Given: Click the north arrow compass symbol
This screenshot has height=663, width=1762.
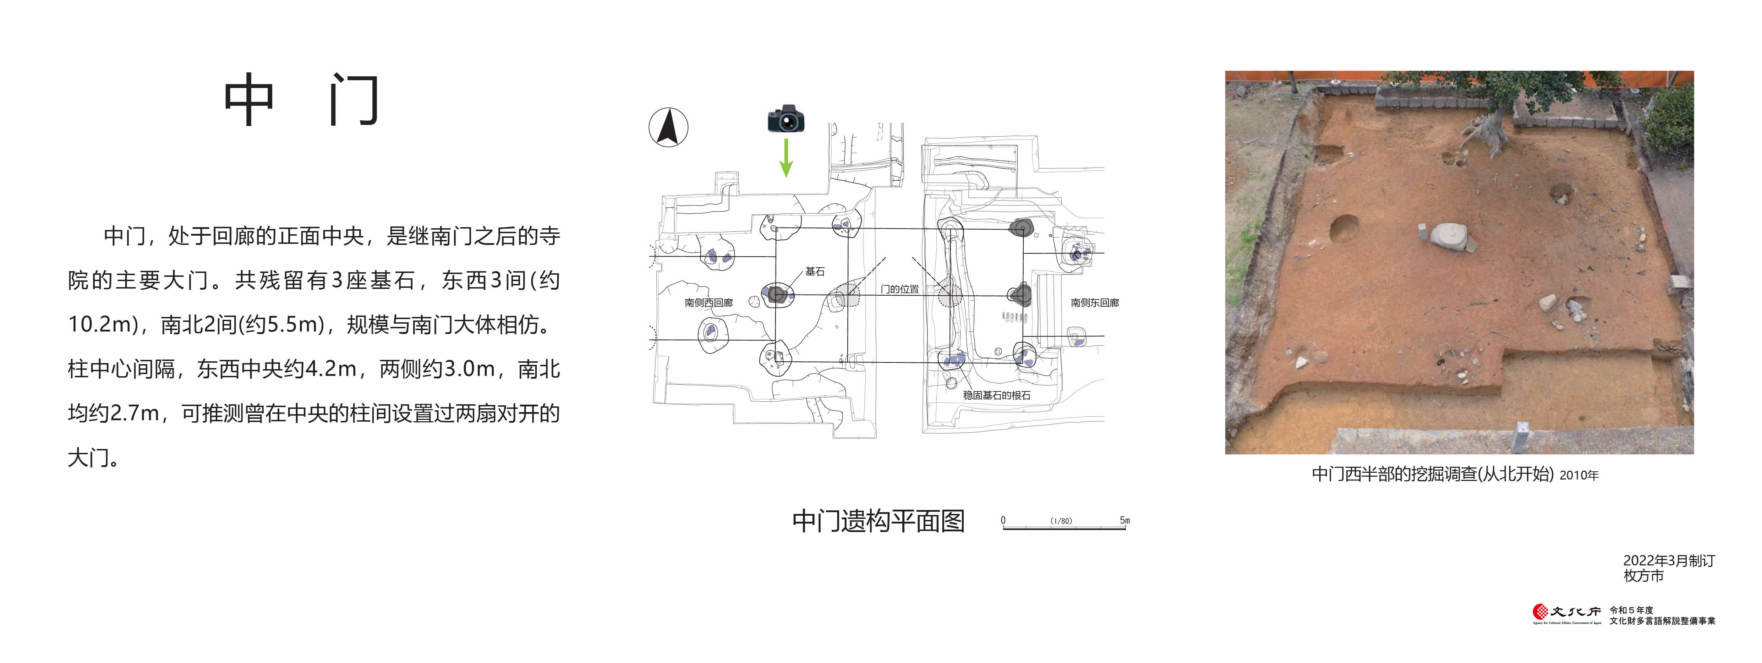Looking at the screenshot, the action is tap(668, 127).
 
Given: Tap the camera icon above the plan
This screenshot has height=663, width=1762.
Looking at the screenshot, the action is tap(786, 119).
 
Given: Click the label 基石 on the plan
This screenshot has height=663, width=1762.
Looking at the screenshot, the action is tap(815, 272).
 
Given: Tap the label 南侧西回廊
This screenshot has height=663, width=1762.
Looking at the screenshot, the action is tap(708, 302).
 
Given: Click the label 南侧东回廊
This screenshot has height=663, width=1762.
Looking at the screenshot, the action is tap(1094, 302).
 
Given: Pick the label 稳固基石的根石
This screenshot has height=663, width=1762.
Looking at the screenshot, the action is tap(997, 395).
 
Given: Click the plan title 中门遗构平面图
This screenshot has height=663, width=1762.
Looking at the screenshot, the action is tap(878, 521).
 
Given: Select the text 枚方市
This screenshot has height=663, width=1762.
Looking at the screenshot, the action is tap(1644, 576).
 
